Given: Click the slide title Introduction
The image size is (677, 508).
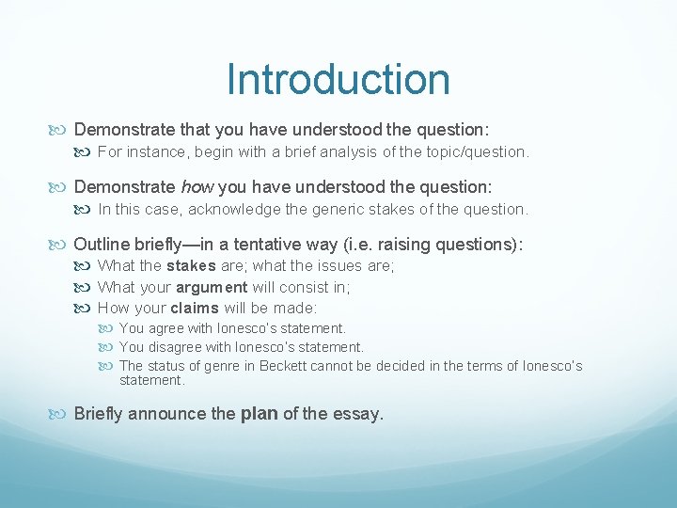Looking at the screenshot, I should [338, 79].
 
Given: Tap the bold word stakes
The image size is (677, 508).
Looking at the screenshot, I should [191, 266].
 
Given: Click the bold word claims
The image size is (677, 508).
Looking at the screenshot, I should [195, 308].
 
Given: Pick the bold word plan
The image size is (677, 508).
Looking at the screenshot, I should [259, 413].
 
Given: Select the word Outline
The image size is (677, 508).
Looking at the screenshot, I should [100, 245].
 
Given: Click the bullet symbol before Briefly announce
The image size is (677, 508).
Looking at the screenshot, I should [63, 414].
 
